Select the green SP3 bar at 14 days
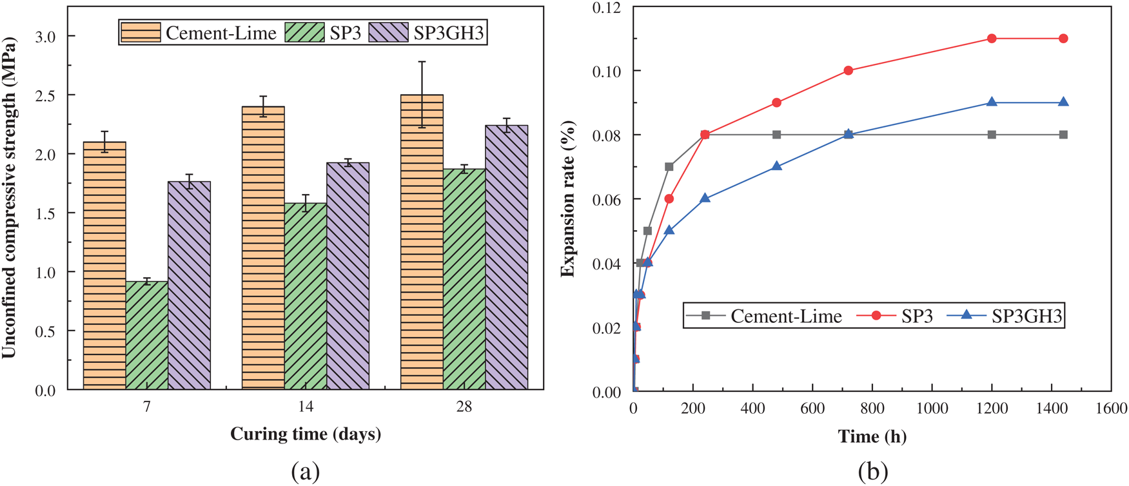[306, 296]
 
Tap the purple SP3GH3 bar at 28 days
[506, 258]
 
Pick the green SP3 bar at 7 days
[147, 335]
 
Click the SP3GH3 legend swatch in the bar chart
[388, 32]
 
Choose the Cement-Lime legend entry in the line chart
[785, 316]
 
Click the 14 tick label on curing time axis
[306, 407]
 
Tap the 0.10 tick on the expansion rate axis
[607, 71]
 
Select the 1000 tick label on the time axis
[932, 408]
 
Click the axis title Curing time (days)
[306, 434]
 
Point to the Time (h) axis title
[872, 436]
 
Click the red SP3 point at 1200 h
[992, 39]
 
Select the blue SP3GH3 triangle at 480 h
[777, 166]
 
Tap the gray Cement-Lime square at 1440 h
[1063, 135]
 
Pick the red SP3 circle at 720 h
[849, 71]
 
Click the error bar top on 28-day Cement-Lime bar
[422, 62]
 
